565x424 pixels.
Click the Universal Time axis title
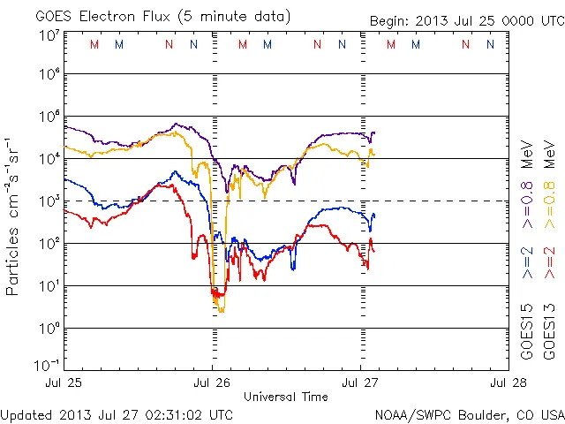(287, 397)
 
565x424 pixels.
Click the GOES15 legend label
(528, 332)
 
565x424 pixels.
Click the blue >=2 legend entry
(528, 262)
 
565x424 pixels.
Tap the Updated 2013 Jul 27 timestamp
(117, 414)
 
